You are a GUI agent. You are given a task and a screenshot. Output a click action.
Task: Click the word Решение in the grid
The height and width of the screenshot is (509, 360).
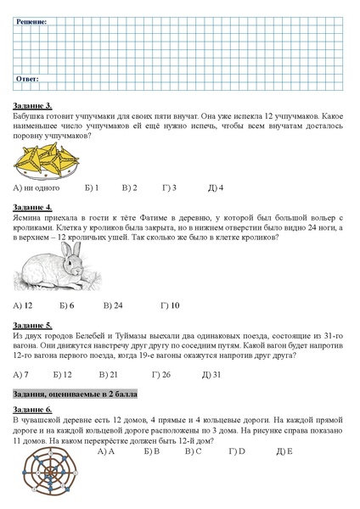(31, 20)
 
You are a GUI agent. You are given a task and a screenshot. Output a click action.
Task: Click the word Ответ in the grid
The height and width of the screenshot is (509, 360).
(27, 78)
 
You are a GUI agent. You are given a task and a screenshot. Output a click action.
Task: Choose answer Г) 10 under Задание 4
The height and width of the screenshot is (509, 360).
(170, 305)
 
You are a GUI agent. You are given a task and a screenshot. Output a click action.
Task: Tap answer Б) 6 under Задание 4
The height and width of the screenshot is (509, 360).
(67, 305)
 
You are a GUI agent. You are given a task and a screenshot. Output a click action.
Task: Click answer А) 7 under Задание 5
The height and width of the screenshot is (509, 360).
(22, 374)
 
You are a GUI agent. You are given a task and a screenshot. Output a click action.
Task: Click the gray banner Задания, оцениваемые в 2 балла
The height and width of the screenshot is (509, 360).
(76, 394)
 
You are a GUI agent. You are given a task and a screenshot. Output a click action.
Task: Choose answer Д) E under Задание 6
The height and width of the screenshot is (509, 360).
(284, 451)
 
